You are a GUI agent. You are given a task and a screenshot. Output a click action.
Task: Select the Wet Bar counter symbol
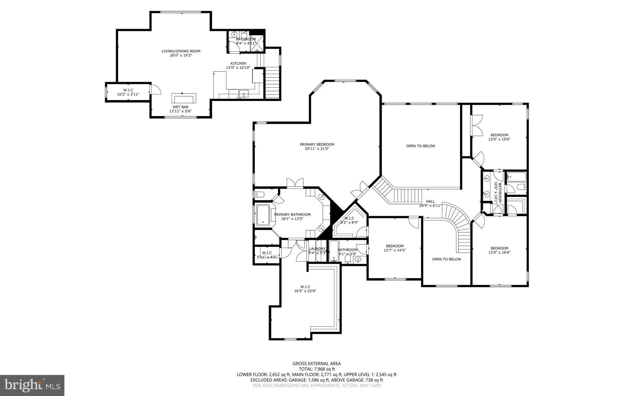click(x=184, y=98)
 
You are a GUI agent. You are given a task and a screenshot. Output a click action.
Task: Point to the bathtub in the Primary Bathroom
click(x=263, y=215)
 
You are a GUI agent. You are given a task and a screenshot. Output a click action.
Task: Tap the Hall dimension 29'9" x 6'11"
click(x=430, y=206)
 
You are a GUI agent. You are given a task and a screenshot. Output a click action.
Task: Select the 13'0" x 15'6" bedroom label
click(x=499, y=137)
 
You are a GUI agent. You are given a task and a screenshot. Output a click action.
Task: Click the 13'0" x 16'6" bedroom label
click(x=499, y=250)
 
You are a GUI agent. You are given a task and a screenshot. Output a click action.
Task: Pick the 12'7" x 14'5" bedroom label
click(x=395, y=248)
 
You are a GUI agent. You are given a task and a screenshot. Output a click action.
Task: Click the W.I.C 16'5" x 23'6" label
click(x=305, y=289)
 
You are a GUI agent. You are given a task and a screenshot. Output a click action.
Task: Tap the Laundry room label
click(x=317, y=249)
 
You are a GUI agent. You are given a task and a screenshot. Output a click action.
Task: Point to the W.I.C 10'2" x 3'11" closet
click(x=128, y=92)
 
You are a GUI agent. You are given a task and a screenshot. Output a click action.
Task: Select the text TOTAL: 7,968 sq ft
click(x=317, y=369)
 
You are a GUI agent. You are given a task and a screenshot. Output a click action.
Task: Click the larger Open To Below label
click(x=420, y=146)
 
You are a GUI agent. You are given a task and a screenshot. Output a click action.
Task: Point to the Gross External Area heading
click(x=317, y=364)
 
